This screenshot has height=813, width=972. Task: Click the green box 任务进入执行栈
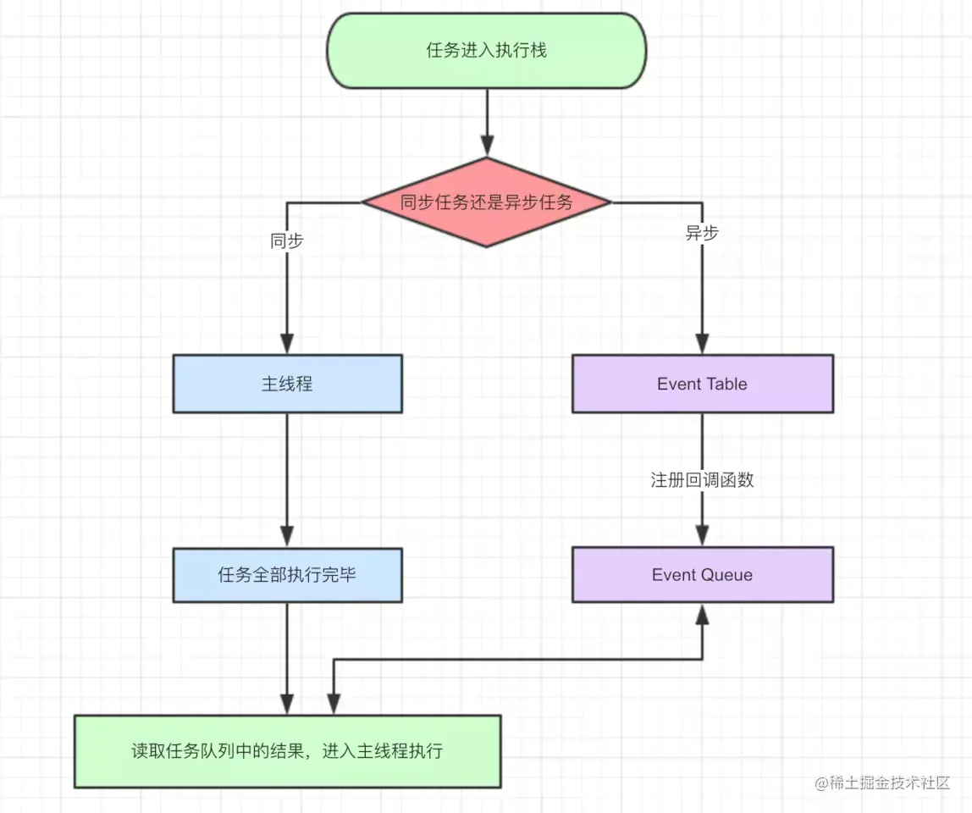[487, 51]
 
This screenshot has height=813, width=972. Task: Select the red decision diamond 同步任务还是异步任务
[487, 202]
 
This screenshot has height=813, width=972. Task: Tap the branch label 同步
[287, 241]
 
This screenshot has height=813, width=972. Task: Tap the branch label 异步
[702, 234]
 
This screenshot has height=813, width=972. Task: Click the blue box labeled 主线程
[287, 384]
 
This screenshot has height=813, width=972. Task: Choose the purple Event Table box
[702, 384]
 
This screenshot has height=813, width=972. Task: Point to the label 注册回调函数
[702, 480]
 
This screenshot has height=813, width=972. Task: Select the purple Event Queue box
[702, 575]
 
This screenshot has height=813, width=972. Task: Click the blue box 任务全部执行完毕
[287, 575]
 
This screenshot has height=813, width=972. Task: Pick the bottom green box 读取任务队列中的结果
[287, 751]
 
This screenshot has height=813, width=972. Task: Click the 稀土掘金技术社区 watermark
[883, 783]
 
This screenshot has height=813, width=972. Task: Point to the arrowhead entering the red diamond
[487, 147]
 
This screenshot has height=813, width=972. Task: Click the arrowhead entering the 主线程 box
[287, 343]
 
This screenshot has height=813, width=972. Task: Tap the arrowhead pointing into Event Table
[702, 343]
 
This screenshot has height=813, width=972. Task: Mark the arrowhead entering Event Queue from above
[702, 535]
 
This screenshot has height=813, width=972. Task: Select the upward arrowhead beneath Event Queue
[702, 614]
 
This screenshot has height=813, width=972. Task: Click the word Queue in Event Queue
[726, 575]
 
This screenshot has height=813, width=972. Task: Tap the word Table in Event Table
[726, 384]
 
